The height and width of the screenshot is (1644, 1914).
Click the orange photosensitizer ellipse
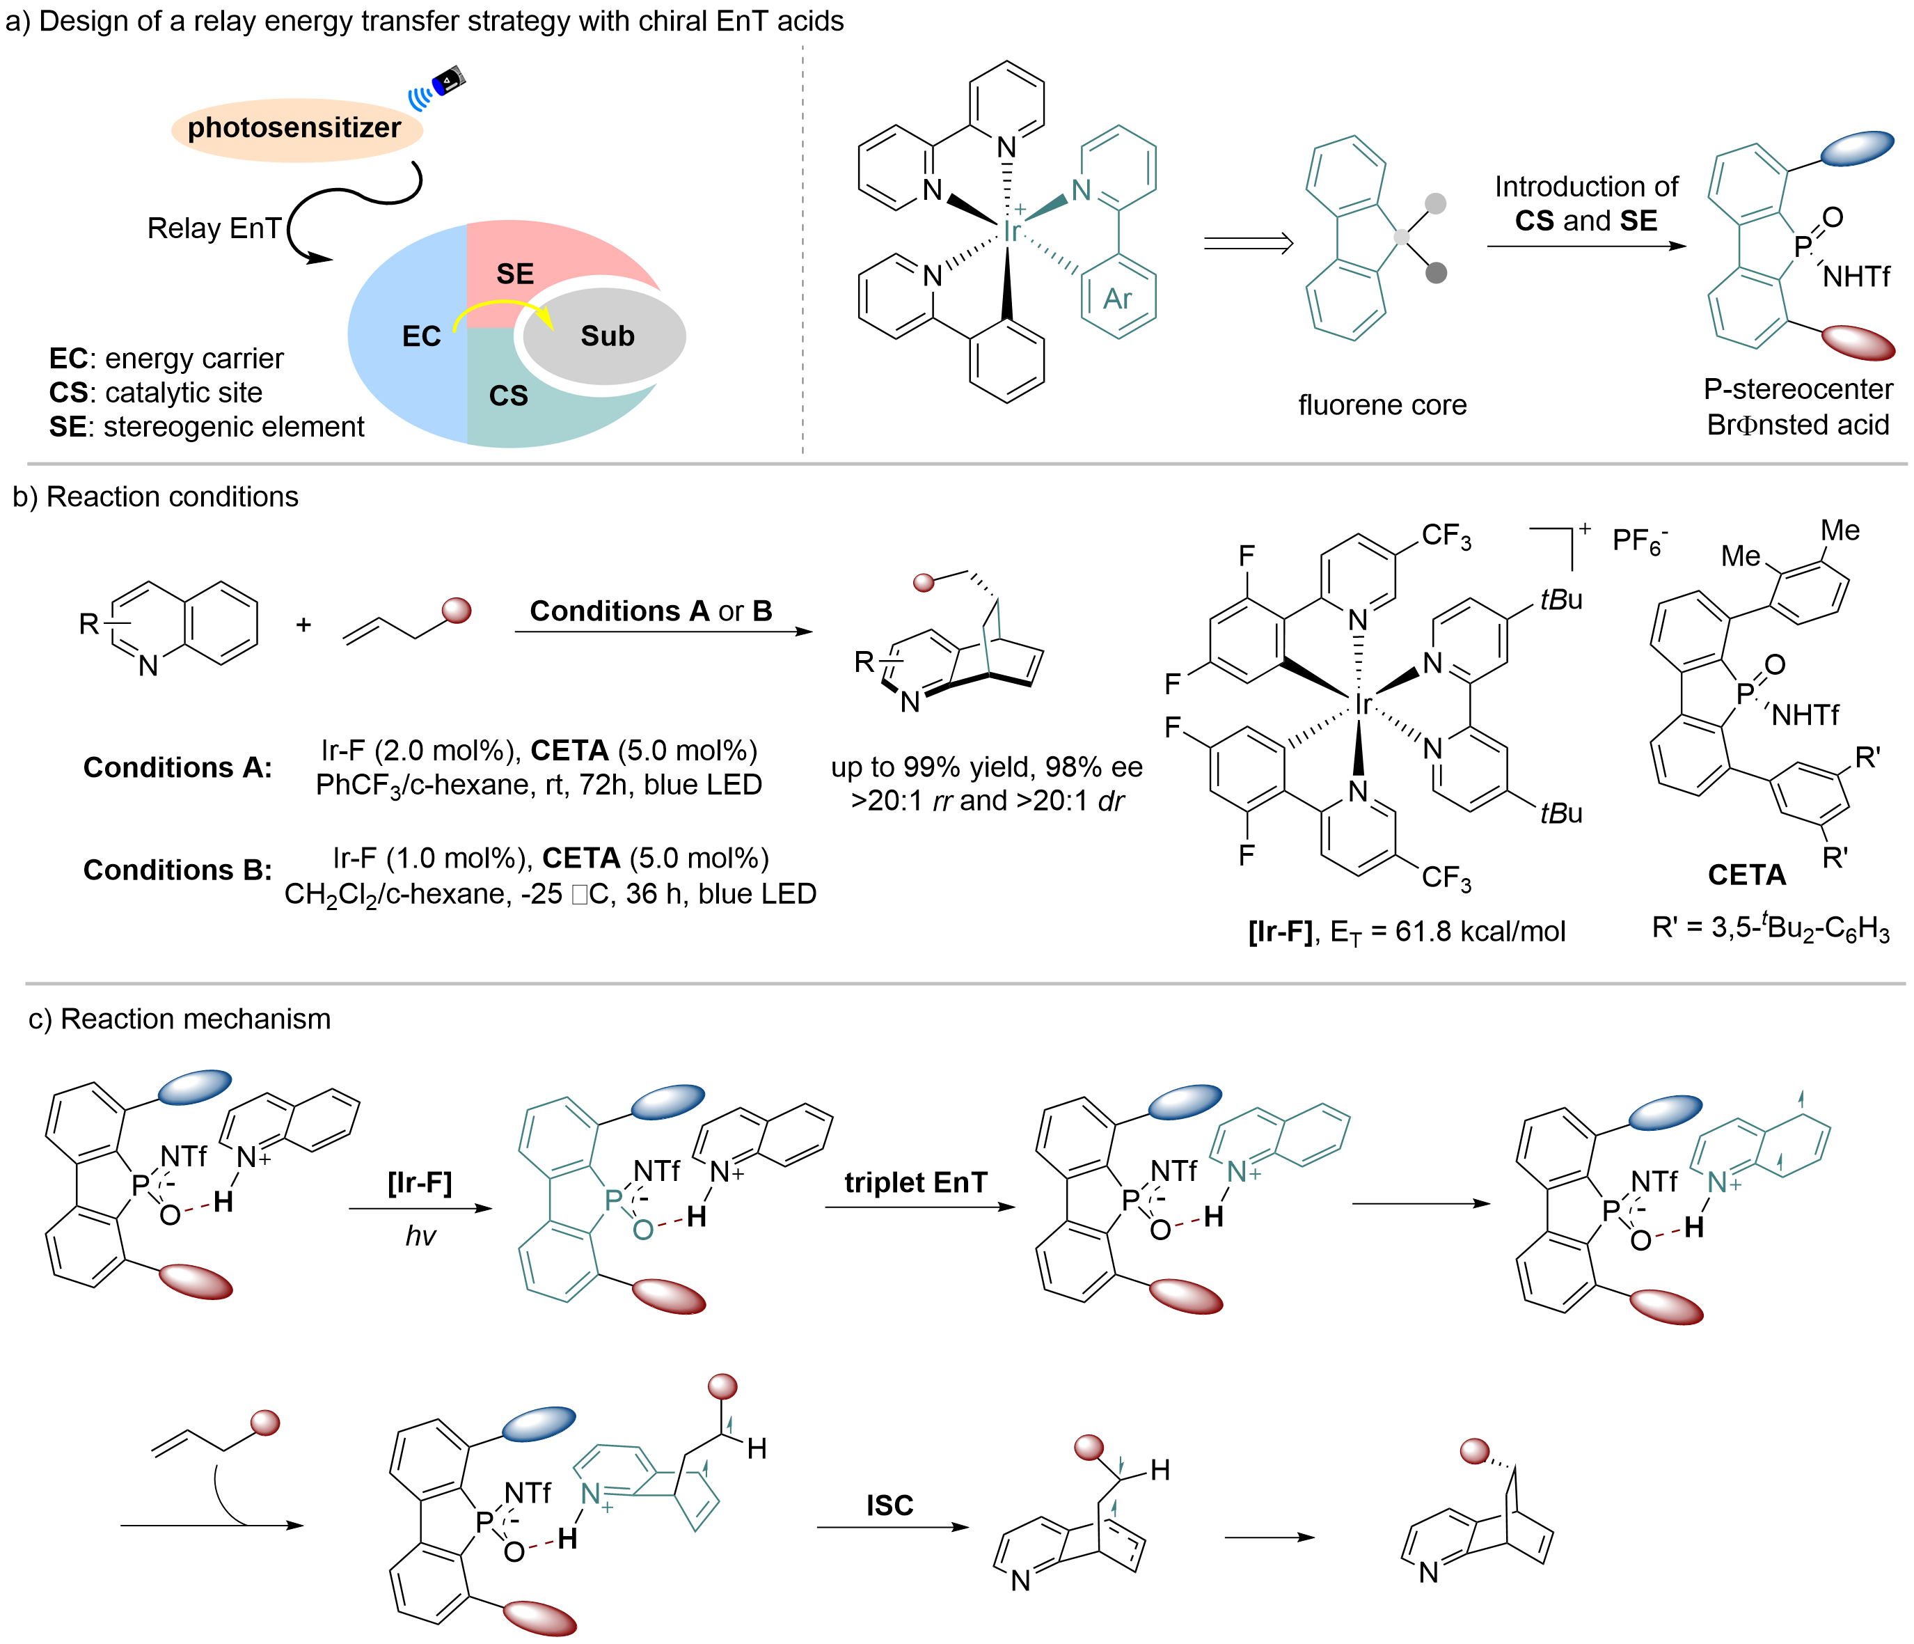296,130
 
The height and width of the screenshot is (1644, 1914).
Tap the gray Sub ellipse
605,336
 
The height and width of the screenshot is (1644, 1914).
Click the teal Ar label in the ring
1118,299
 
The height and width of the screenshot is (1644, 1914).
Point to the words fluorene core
1382,405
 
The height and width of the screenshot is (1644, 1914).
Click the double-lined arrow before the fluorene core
1248,244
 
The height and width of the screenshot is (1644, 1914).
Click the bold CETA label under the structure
1746,874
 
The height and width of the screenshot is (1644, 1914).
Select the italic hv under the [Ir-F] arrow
420,1235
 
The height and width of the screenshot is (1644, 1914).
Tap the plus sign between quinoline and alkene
303,625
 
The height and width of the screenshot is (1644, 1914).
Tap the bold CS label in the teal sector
508,396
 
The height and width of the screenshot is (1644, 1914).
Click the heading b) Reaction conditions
155,497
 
